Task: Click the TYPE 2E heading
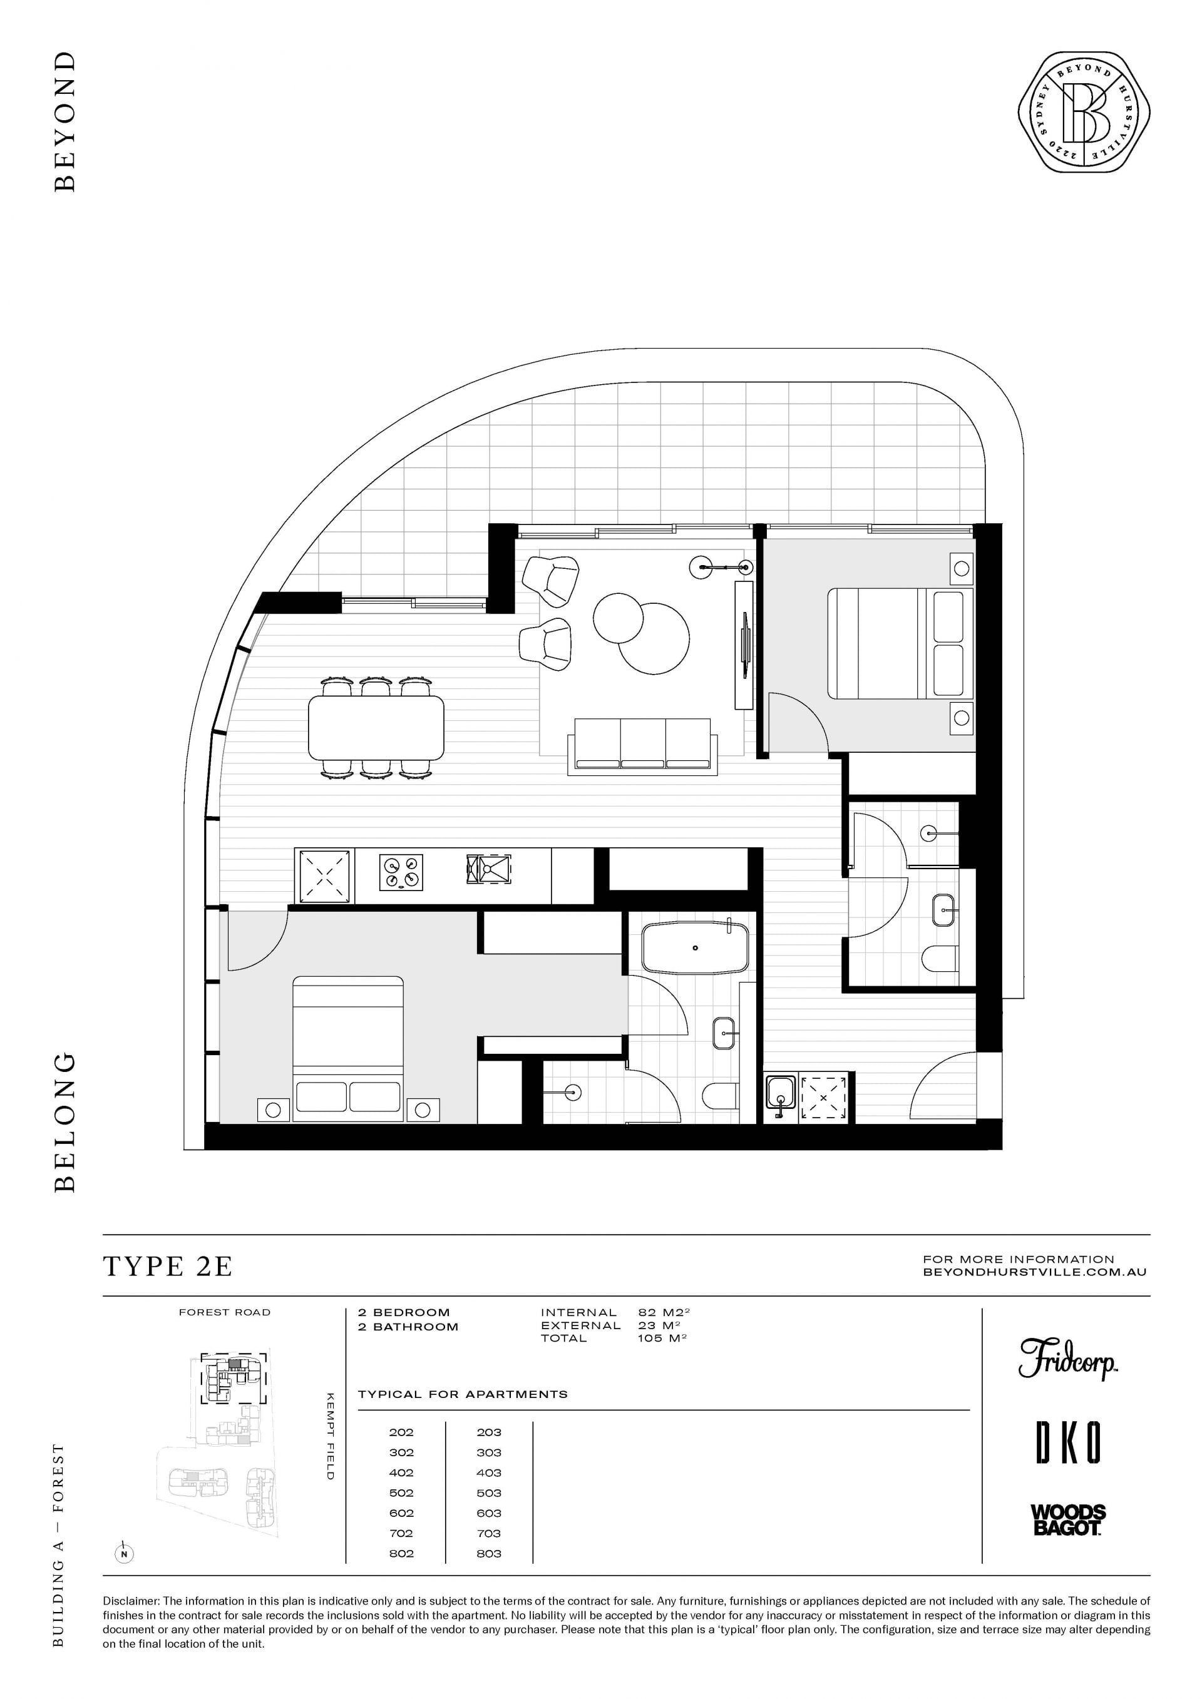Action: [168, 1266]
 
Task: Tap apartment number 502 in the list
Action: [401, 1493]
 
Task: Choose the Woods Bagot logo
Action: [1068, 1520]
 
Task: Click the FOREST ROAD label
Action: [225, 1313]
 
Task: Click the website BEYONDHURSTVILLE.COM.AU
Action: [1035, 1272]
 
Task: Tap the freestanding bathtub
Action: [695, 946]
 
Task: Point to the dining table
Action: [376, 727]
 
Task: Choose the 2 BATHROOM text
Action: [408, 1327]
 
